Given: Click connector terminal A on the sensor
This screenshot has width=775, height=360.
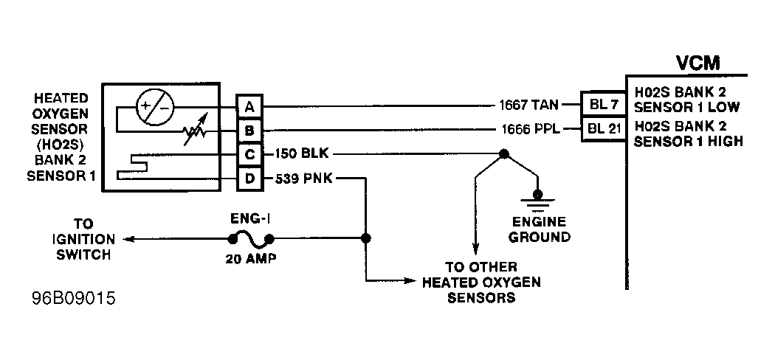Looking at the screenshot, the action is pos(249,106).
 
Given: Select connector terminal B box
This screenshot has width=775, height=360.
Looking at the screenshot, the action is pos(249,131).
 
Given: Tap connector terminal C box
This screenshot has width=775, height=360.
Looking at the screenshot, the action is pos(249,155).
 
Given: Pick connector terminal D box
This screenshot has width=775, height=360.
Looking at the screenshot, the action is pos(249,179).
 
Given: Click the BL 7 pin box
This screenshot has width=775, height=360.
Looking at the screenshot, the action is pos(604,105).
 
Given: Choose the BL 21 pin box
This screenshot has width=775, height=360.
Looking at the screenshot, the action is pos(604,129).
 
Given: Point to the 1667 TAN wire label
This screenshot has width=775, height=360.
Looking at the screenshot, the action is pos(528,105).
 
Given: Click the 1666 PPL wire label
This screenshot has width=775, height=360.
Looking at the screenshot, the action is pos(531,129).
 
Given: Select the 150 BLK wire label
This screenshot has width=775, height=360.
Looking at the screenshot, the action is pos(301,153).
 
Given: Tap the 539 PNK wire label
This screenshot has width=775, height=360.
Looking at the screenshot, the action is pos(303,179).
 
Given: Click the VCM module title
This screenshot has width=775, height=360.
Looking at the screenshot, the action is pos(698,63).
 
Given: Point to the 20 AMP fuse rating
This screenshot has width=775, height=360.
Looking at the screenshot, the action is pos(251,259).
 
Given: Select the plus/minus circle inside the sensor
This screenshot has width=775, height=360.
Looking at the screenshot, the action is pos(155,107).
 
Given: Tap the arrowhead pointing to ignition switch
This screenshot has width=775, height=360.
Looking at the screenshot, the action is pos(128,240).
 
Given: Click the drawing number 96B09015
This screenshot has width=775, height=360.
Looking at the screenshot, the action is pos(74,299).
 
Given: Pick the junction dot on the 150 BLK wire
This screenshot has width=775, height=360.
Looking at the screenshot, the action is pos(503,154).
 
